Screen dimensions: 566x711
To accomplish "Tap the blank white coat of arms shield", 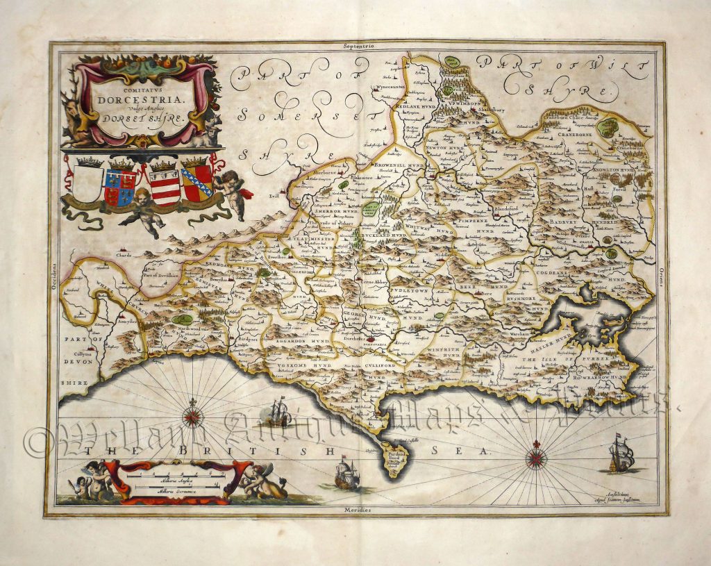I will (87, 182).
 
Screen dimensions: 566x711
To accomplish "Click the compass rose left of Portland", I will (192, 417).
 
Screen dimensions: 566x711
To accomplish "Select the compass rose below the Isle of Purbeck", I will (535, 457).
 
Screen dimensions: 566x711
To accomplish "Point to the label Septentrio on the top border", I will (358, 45).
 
